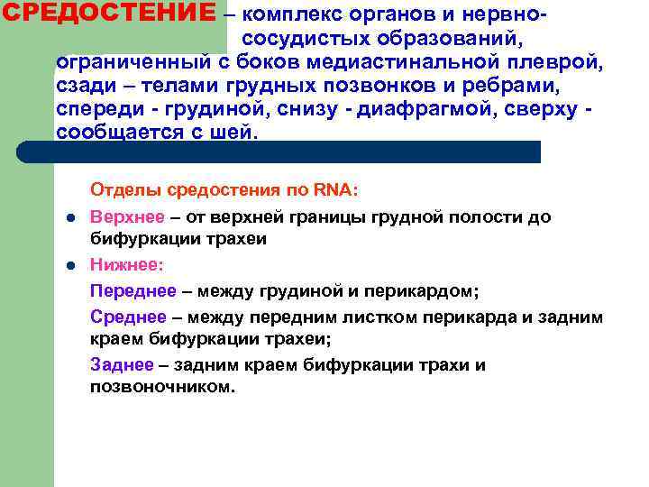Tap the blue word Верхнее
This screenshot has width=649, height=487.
point(122,217)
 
